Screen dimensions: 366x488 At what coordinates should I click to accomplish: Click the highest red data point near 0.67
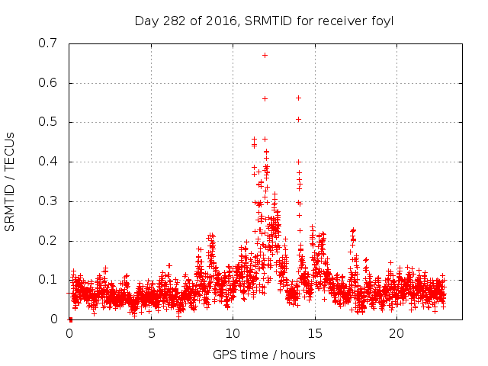[265, 55]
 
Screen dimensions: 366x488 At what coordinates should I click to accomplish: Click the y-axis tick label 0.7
[48, 43]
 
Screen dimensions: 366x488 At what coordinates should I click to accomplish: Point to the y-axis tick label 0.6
[48, 83]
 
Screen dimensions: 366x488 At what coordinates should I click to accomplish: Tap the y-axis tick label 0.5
[48, 122]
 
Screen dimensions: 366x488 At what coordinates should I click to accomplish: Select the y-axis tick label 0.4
[48, 162]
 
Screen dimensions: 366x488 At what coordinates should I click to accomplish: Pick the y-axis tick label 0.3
[48, 201]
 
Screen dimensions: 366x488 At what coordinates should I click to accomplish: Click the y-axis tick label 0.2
[48, 240]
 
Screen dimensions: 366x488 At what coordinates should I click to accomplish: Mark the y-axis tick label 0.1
[48, 280]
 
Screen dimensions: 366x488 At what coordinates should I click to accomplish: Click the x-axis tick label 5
[151, 333]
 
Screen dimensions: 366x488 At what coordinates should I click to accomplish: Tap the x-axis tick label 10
[233, 333]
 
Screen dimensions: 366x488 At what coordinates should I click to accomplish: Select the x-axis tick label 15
[315, 333]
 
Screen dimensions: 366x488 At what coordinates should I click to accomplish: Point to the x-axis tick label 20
[396, 333]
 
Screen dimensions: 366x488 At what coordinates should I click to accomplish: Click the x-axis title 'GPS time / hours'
[265, 355]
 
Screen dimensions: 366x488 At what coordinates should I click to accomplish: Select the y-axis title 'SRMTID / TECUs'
[10, 181]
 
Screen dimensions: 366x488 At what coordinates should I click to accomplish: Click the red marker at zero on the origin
[70, 319]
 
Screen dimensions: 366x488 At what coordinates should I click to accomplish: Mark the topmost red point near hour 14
[298, 98]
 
